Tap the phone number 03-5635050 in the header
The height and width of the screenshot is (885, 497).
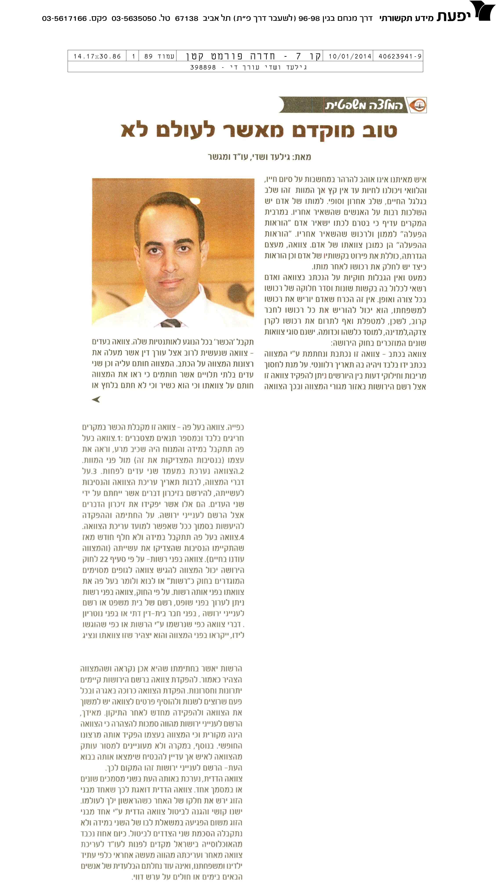(134, 18)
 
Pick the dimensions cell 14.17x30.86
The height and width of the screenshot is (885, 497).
(97, 56)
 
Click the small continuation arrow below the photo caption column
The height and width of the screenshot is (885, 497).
(96, 399)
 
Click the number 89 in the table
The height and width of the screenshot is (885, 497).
(148, 56)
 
